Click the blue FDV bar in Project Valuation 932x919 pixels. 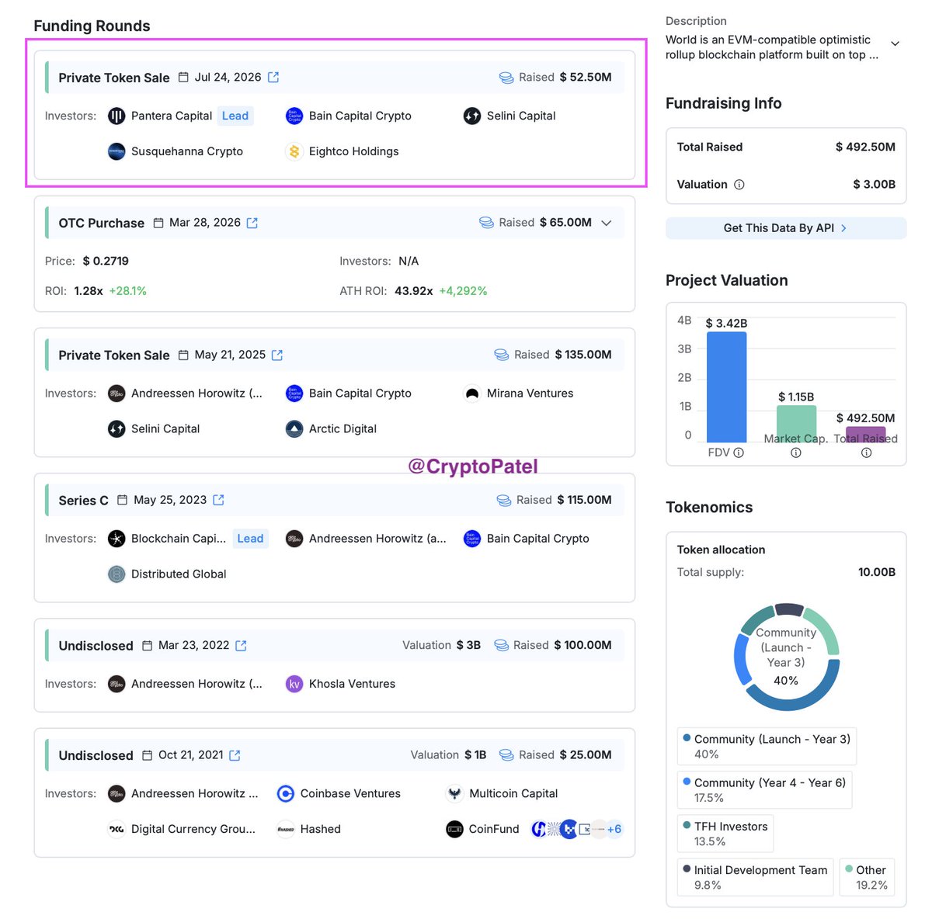(x=726, y=387)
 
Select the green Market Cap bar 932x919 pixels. (x=796, y=424)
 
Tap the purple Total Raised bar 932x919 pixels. (x=866, y=434)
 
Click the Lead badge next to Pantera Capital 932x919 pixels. (x=235, y=116)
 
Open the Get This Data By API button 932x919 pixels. (x=785, y=228)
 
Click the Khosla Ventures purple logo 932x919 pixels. (x=294, y=684)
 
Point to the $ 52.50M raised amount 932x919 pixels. (x=586, y=78)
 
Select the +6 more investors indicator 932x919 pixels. (x=614, y=829)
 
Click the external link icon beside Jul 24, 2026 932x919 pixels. (x=273, y=78)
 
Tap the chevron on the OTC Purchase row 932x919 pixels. (x=606, y=223)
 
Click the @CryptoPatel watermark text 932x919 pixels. (x=472, y=466)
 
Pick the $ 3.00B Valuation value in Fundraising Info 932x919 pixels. (x=874, y=184)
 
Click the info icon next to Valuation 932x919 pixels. (x=739, y=185)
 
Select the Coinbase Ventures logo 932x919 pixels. (x=285, y=793)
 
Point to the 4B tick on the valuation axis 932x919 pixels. (x=684, y=320)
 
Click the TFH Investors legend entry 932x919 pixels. (x=725, y=834)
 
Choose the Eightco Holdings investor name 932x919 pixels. (x=353, y=151)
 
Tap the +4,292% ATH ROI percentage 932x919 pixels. (x=463, y=291)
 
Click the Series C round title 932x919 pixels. (x=83, y=501)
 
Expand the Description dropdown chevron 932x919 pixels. (x=895, y=43)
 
